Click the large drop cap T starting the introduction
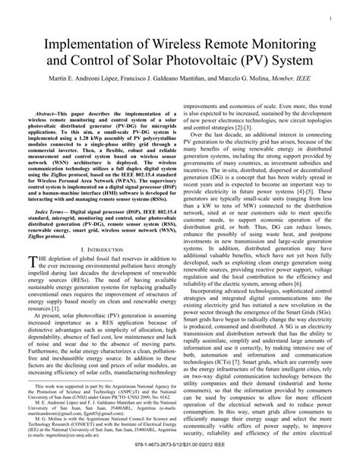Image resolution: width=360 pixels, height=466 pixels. pyautogui.click(x=32, y=262)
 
